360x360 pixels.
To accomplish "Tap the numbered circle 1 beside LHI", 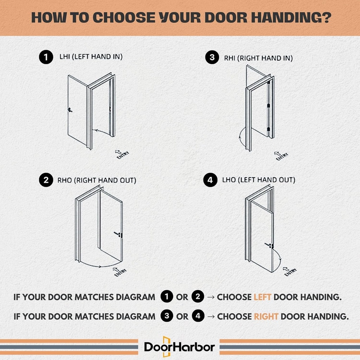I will tap(46, 57).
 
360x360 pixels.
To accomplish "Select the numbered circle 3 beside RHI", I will tap(212, 58).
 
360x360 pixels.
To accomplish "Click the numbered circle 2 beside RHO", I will tap(46, 181).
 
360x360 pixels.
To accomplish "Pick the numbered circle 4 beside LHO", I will tap(210, 180).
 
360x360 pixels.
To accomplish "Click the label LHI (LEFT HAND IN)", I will tap(91, 57).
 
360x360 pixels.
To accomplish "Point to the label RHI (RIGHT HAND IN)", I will tap(258, 58).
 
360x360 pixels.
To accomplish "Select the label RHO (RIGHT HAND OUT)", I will tap(97, 180).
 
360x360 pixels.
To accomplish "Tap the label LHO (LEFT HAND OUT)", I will tap(258, 180).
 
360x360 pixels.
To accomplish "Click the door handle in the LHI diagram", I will tap(70, 110).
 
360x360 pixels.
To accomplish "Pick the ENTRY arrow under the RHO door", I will tap(118, 271).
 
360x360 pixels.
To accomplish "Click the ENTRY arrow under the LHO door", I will tap(289, 271).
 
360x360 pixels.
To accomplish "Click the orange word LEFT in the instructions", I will tap(262, 297).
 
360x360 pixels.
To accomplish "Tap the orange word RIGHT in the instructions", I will tap(266, 316).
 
